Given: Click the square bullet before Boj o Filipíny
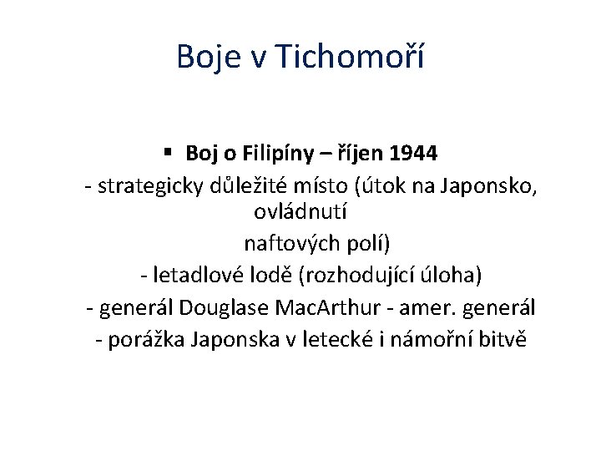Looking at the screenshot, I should [x=168, y=152].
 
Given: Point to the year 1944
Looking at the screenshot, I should [x=413, y=153].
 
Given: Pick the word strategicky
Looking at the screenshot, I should [x=148, y=185].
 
